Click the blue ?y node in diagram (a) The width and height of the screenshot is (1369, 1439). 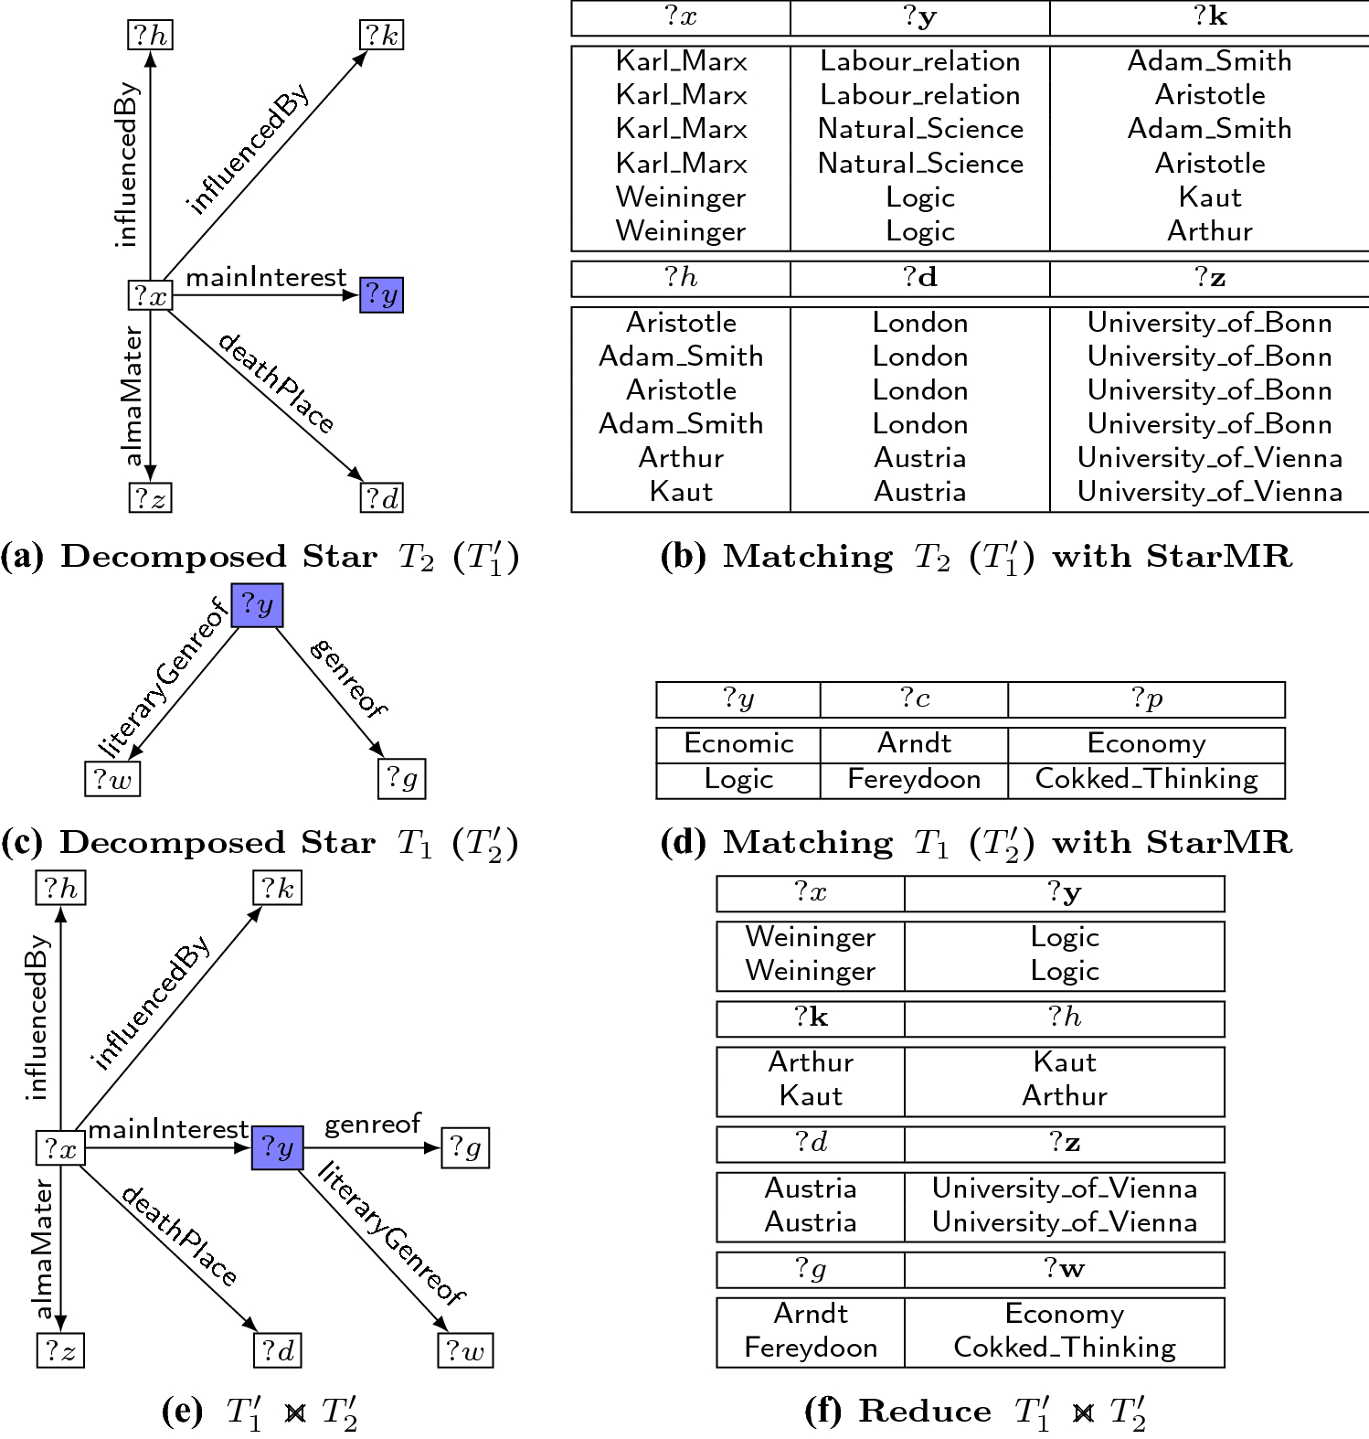(381, 294)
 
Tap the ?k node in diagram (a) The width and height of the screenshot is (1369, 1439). (381, 36)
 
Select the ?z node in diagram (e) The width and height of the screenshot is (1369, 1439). (60, 1350)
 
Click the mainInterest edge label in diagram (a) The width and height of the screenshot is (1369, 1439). (266, 277)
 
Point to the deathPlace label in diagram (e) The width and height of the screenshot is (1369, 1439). (179, 1235)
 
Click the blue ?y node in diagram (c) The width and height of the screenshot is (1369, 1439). (257, 605)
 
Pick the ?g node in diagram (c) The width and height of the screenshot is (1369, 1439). (401, 778)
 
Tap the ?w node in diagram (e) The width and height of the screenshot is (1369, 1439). (466, 1350)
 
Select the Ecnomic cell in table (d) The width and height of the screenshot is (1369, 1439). (738, 743)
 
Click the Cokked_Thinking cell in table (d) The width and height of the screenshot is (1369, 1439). (1146, 779)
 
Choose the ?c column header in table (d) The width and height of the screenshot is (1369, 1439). (914, 699)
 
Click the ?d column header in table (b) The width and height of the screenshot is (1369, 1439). (919, 278)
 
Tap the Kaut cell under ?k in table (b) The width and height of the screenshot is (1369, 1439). (1209, 197)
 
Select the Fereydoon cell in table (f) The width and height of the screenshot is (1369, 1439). (811, 1348)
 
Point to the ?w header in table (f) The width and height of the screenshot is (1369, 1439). (1064, 1269)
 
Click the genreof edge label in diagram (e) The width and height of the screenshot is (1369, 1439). (372, 1124)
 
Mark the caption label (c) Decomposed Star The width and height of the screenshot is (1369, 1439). (188, 843)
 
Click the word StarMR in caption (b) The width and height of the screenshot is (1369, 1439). (1219, 556)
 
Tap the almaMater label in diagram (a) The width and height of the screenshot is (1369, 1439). (133, 395)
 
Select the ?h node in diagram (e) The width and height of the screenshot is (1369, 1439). (60, 888)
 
